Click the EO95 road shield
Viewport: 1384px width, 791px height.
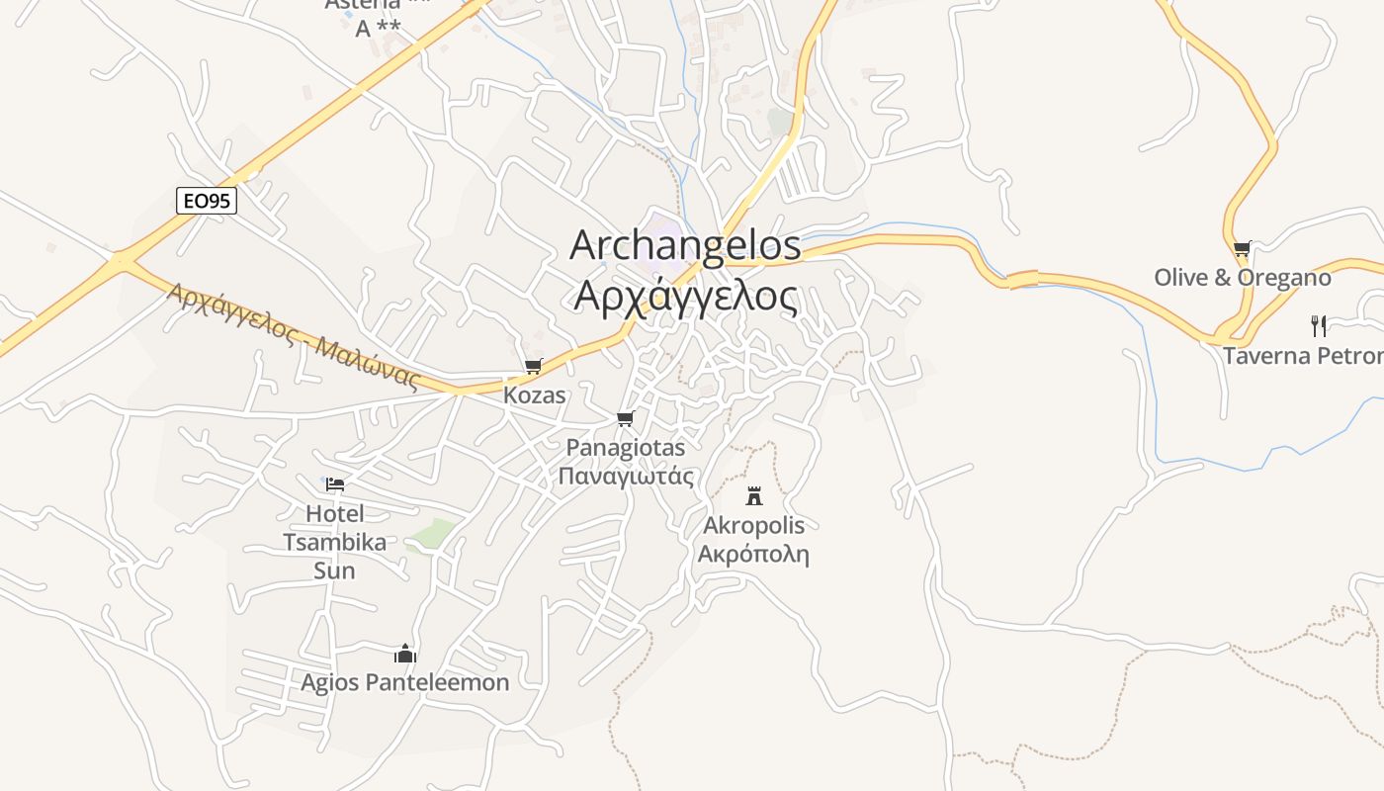pos(207,201)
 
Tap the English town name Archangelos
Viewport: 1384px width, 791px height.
pos(685,245)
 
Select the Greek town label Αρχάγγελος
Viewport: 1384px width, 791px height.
pos(685,296)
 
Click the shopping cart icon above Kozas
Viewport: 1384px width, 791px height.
pos(534,367)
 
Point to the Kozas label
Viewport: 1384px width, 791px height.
pos(535,395)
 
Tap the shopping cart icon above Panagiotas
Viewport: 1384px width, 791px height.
pos(625,419)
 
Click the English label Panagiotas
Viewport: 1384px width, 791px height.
pos(625,448)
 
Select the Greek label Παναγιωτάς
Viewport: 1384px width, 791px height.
pos(625,476)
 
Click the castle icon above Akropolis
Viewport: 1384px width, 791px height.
pos(754,495)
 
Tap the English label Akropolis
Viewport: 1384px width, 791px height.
pos(753,525)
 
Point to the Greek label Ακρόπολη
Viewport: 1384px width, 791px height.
pos(753,554)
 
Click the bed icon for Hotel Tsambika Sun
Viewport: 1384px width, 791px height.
pos(335,484)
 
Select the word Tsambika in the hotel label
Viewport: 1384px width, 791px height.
pos(335,542)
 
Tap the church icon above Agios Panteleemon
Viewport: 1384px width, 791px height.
pos(405,654)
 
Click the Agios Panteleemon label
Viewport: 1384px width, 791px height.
pos(405,682)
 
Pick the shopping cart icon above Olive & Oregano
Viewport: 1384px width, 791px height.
pos(1243,249)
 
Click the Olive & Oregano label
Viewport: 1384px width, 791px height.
pos(1243,278)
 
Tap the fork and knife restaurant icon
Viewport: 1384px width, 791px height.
pos(1318,326)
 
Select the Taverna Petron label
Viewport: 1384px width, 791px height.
pos(1303,356)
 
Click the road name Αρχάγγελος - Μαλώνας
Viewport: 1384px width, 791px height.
pos(294,336)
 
